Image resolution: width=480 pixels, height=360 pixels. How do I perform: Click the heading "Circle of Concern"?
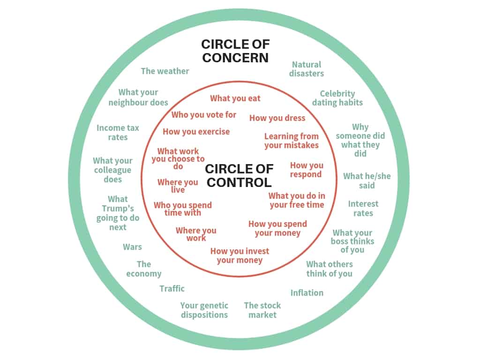coord(235,51)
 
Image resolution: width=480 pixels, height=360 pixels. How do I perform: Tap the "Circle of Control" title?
coord(239,175)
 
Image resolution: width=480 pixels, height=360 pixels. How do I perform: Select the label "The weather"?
coord(165,71)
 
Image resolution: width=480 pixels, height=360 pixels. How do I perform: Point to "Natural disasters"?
coord(307,69)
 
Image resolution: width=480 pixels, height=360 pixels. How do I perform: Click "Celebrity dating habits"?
coord(337,98)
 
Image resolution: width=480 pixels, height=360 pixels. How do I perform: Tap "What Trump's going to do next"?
coord(118,213)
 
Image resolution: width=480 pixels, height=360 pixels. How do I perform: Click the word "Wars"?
coord(132,247)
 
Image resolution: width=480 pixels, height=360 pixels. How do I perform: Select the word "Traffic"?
coord(172,289)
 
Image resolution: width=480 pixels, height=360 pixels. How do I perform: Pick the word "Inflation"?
coord(307,293)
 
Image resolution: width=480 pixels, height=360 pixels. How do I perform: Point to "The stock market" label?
coord(262,310)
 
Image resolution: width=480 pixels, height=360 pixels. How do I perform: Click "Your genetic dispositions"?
coord(204,310)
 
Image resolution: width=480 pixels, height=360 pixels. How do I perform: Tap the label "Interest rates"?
coord(363,209)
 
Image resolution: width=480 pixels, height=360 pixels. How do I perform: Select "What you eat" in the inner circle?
coord(235,98)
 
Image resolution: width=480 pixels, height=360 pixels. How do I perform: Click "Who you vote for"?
coord(204,115)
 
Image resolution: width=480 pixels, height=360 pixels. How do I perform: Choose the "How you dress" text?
coord(277,118)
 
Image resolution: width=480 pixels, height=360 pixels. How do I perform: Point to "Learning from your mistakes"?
coord(292,141)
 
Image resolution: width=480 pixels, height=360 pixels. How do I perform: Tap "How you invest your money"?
coord(240,255)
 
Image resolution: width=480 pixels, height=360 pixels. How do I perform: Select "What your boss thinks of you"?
coord(352,241)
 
